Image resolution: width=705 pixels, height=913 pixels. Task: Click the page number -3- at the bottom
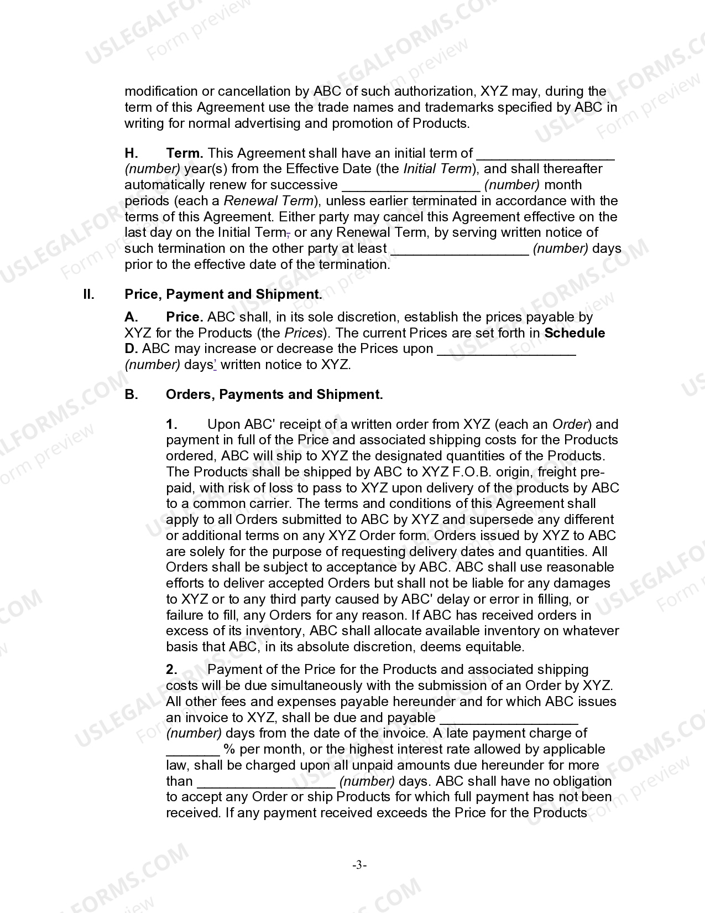click(x=359, y=865)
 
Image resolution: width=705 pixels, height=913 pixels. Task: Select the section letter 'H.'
click(x=131, y=153)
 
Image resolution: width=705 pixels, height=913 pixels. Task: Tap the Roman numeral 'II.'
click(x=88, y=294)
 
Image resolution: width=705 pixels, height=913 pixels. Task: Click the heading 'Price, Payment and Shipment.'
click(x=223, y=294)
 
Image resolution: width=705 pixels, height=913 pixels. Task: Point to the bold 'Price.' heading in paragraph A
click(x=185, y=317)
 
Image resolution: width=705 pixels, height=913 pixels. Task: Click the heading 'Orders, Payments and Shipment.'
click(x=274, y=395)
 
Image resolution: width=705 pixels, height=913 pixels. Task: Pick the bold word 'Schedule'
click(x=575, y=333)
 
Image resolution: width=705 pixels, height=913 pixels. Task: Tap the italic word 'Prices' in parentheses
click(x=303, y=333)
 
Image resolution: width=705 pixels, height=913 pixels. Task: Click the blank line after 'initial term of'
click(x=545, y=155)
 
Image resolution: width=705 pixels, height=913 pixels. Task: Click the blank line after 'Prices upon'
click(x=506, y=351)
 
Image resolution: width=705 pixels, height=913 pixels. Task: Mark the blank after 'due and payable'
click(x=508, y=720)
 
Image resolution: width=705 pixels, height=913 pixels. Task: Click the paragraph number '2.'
click(x=171, y=670)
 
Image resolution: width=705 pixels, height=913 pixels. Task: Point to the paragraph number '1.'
click(x=171, y=424)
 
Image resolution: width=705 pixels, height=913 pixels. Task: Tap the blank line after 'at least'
click(x=459, y=251)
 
